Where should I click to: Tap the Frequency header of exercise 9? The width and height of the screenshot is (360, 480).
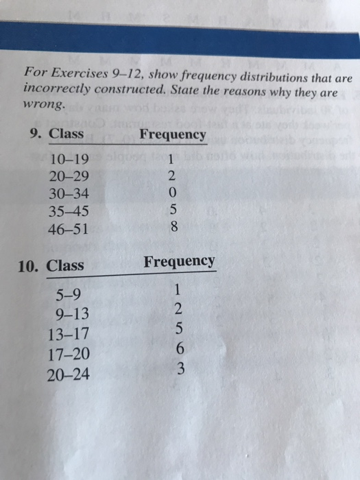point(172,134)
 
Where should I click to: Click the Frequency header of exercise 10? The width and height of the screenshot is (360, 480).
point(179,261)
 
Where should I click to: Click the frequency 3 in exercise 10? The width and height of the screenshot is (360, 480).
point(180,370)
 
